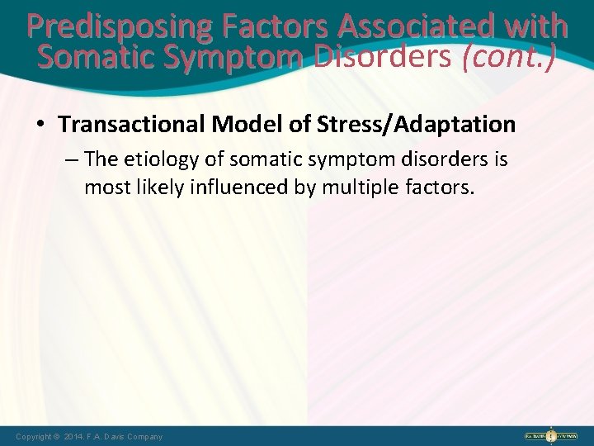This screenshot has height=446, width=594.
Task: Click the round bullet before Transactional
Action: click(40, 126)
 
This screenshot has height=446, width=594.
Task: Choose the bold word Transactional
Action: click(131, 125)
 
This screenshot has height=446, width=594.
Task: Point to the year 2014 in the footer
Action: click(74, 436)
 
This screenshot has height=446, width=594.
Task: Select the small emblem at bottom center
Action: click(297, 435)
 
